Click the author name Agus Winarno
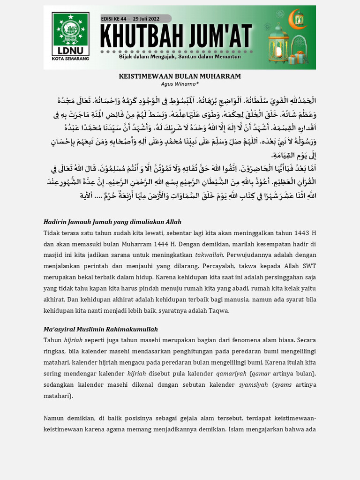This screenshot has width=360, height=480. (179, 84)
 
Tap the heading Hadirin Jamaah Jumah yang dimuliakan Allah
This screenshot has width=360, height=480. (112, 222)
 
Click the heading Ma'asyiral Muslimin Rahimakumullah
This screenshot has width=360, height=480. (101, 329)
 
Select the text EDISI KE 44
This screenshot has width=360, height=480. (115, 18)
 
